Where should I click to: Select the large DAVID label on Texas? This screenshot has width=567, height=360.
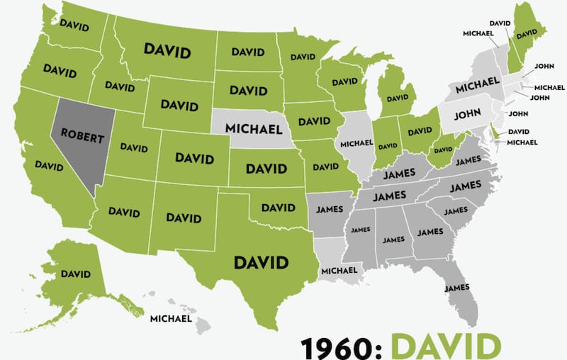pyautogui.click(x=261, y=262)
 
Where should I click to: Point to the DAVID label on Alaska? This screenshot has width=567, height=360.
pyautogui.click(x=76, y=274)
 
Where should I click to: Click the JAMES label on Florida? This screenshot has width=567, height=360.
pyautogui.click(x=457, y=288)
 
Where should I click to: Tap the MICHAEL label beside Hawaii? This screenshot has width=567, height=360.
pyautogui.click(x=171, y=319)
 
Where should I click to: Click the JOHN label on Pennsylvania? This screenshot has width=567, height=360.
pyautogui.click(x=468, y=113)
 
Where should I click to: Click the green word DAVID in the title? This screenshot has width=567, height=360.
pyautogui.click(x=446, y=347)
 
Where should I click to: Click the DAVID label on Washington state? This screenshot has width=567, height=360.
pyautogui.click(x=74, y=23)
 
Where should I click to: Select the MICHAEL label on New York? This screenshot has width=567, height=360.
pyautogui.click(x=473, y=89)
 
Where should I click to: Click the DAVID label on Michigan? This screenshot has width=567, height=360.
pyautogui.click(x=401, y=98)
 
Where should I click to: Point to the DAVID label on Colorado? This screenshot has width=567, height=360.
pyautogui.click(x=194, y=157)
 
